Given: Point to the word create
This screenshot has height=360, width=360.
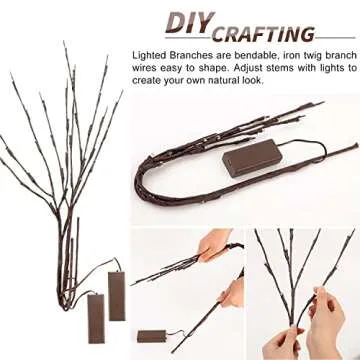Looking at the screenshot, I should tap(148, 82).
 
